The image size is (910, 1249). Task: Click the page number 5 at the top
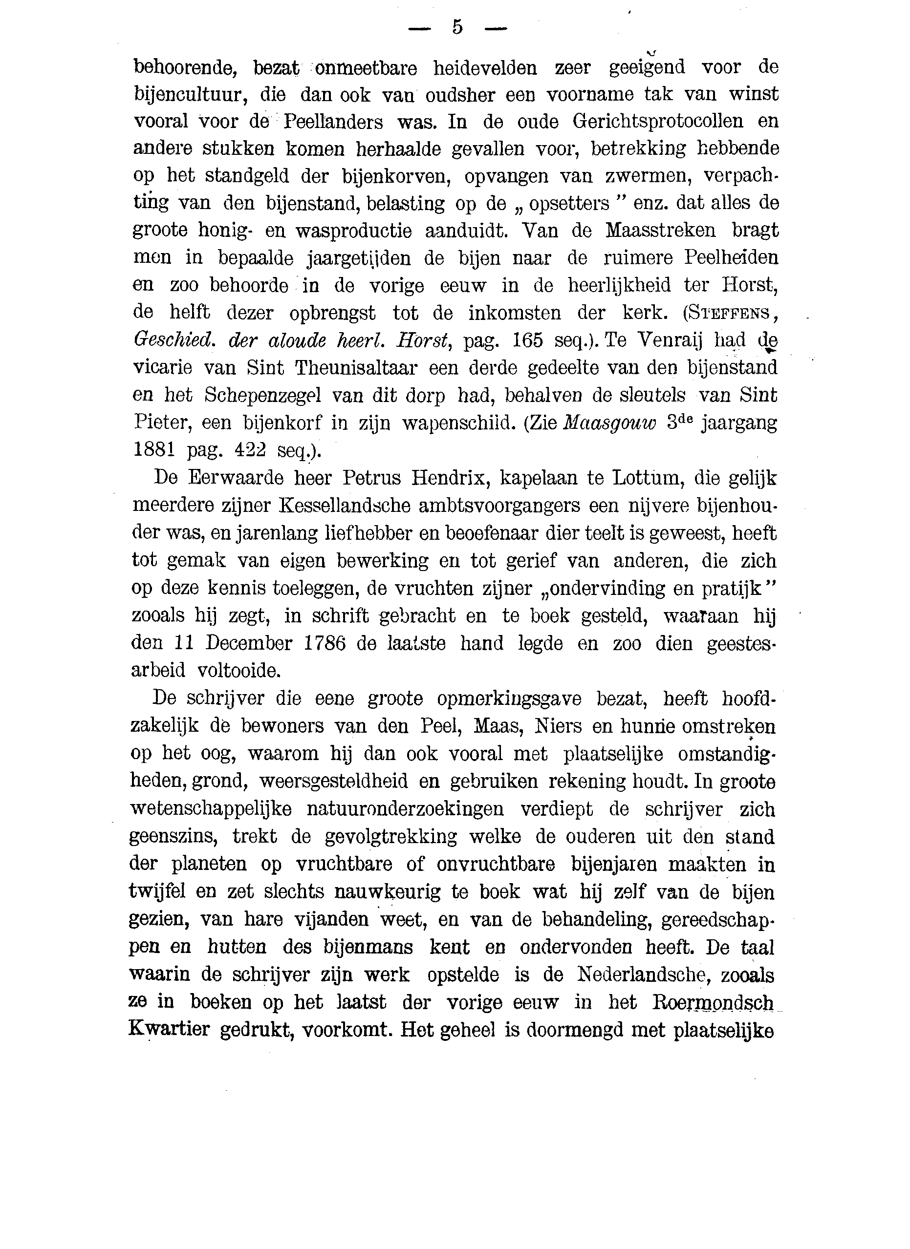(456, 27)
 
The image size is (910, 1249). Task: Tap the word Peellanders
(333, 122)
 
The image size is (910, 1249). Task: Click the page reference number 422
(251, 450)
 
